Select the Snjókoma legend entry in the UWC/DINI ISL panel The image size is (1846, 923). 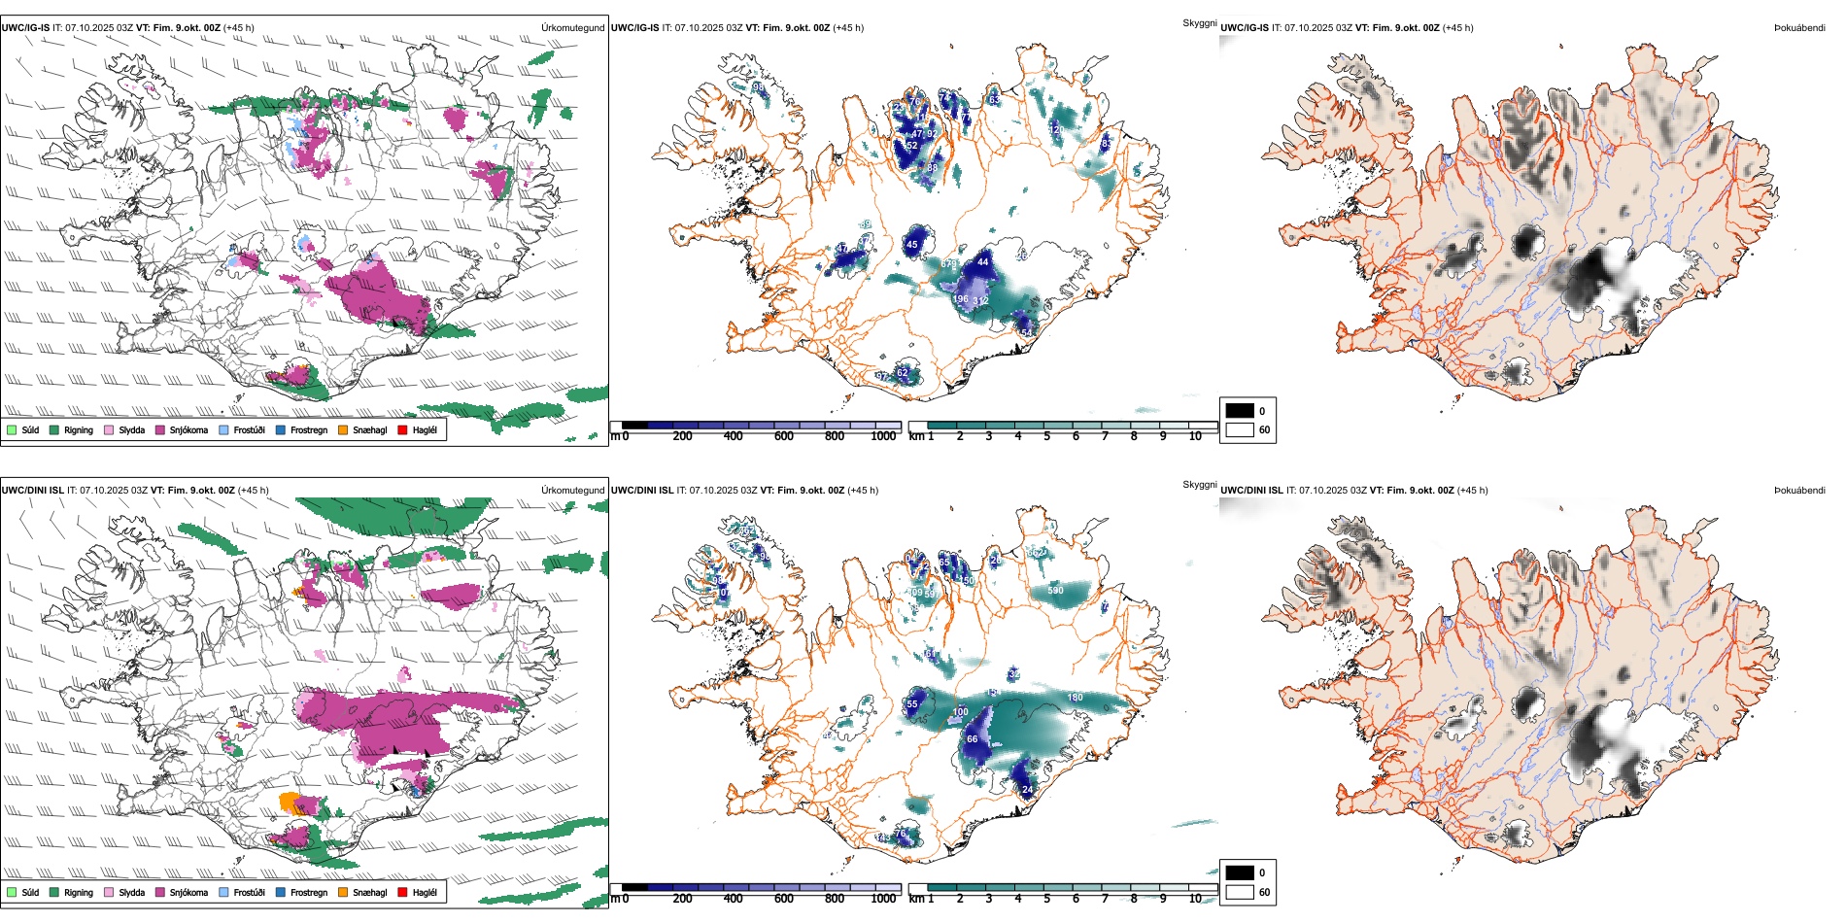coord(188,892)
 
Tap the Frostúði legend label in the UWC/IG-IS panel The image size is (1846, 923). coord(249,429)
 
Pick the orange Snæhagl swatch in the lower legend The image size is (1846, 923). coord(343,892)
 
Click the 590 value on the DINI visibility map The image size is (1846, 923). coord(1055,591)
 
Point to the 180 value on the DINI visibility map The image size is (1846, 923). coord(1075,698)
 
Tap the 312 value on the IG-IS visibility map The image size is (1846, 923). coord(980,301)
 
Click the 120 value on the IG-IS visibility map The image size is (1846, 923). coord(1056,129)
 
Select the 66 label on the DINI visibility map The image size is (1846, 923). coord(972,739)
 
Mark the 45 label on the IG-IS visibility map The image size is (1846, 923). coord(911,246)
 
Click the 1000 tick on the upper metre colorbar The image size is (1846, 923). coord(883,436)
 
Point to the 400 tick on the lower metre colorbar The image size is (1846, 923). coord(734,899)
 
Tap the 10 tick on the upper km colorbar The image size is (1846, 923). coord(1195,436)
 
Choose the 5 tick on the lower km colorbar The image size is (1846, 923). coord(1047,899)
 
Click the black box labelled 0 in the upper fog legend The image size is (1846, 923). coord(1240,411)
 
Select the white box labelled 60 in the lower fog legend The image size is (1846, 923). coord(1240,892)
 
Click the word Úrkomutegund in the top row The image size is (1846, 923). coord(572,28)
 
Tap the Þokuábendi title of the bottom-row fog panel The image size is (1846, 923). coord(1799,491)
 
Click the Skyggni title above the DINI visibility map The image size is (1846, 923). coord(1199,485)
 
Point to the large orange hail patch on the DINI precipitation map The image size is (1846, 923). coord(290,803)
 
